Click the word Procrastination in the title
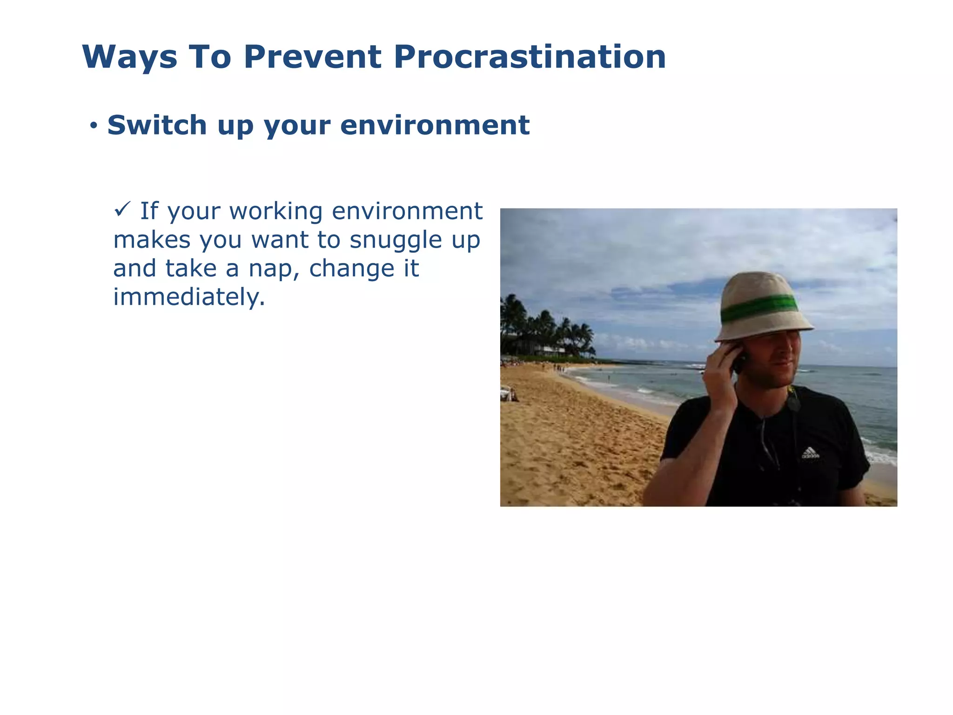pyautogui.click(x=530, y=57)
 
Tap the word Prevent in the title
pyautogui.click(x=313, y=57)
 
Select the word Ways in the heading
pyautogui.click(x=130, y=58)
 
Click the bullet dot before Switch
pyautogui.click(x=94, y=126)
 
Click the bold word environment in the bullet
pyautogui.click(x=435, y=125)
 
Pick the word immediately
pyautogui.click(x=188, y=297)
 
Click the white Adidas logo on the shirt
pyautogui.click(x=810, y=452)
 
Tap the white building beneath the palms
pyautogui.click(x=551, y=349)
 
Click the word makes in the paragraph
pyautogui.click(x=152, y=240)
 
